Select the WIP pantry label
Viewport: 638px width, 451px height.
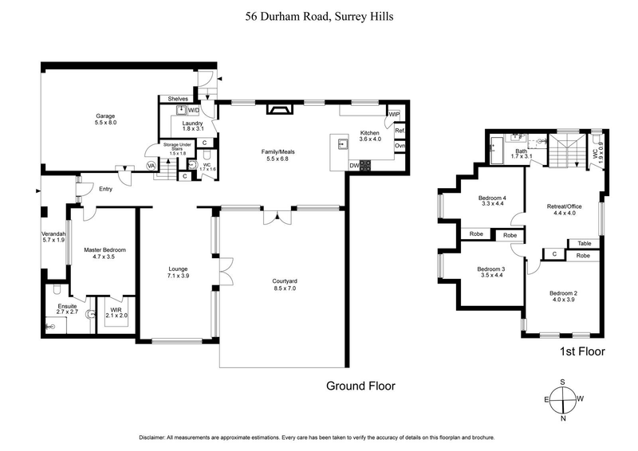(393, 115)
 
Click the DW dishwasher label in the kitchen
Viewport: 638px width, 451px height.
(353, 166)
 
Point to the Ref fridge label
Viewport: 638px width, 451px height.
(400, 131)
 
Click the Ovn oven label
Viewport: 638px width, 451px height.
(400, 146)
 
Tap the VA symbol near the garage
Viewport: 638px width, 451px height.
(152, 166)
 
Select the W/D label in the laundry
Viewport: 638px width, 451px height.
(194, 111)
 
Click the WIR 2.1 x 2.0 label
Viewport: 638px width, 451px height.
(116, 312)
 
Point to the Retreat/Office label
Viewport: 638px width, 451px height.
(564, 210)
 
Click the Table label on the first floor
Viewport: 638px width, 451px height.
(585, 244)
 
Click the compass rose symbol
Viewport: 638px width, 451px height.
(563, 400)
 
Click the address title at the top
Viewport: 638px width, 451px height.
(318, 16)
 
